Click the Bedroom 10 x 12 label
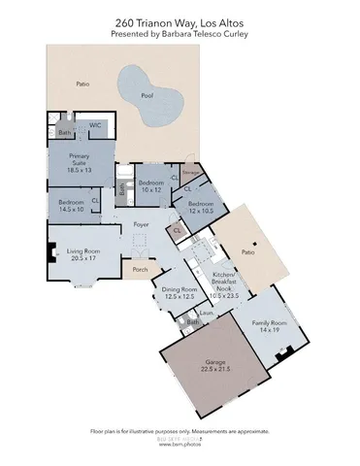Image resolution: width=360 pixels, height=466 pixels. pos(149,185)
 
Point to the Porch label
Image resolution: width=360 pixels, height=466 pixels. pos(140,270)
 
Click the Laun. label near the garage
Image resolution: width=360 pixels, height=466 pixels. pos(207,313)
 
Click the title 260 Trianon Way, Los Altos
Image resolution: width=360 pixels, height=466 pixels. pos(180,20)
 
